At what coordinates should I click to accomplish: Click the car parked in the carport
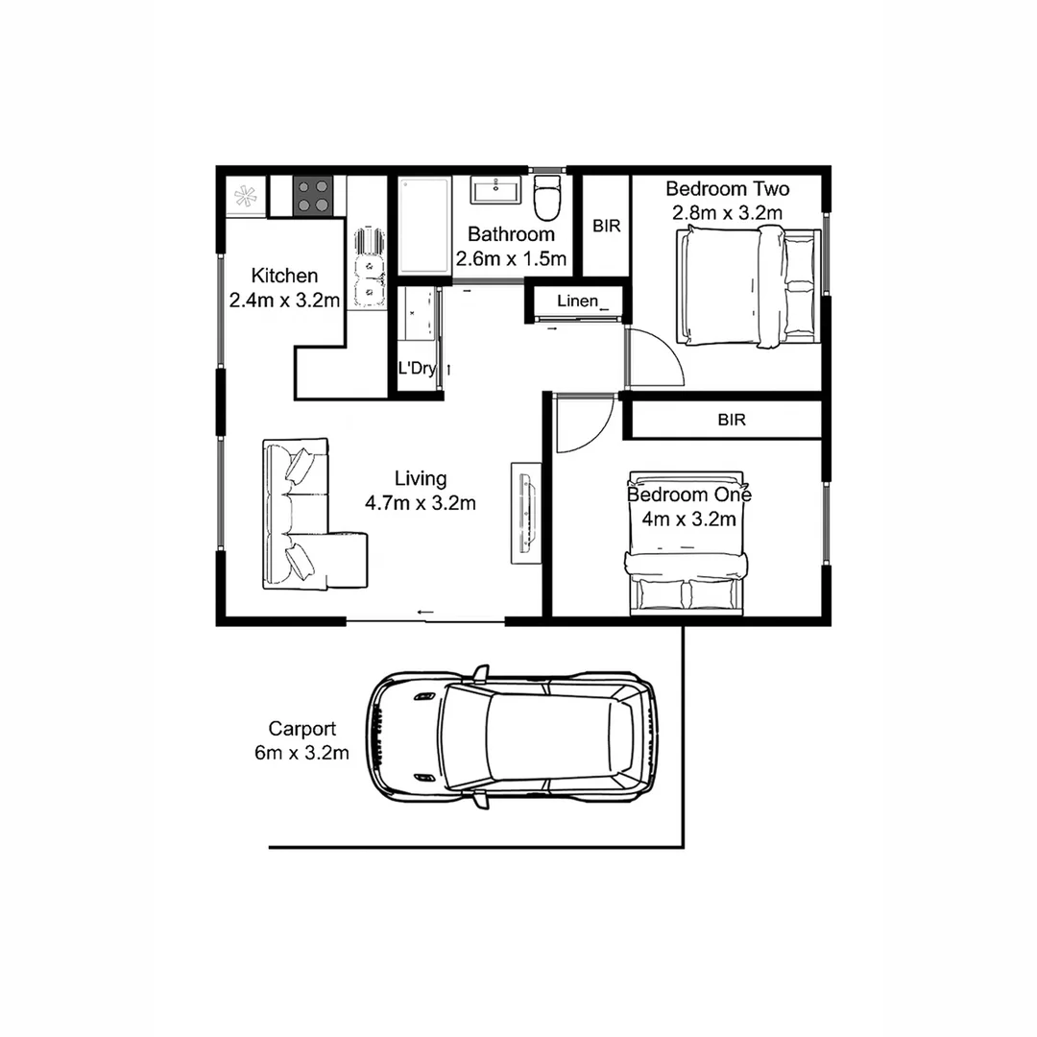pyautogui.click(x=514, y=736)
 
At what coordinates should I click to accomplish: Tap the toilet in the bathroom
pyautogui.click(x=546, y=198)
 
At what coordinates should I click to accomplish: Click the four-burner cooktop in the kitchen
pyautogui.click(x=312, y=195)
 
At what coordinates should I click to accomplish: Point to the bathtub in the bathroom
pyautogui.click(x=423, y=227)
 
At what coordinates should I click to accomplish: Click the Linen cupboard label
pyautogui.click(x=577, y=301)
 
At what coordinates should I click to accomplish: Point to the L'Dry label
pyautogui.click(x=417, y=369)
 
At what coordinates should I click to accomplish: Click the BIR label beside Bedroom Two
pyautogui.click(x=607, y=227)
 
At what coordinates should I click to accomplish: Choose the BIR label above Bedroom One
pyautogui.click(x=732, y=420)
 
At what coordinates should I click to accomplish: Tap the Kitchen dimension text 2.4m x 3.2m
pyautogui.click(x=285, y=301)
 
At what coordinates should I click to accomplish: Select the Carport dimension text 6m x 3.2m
pyautogui.click(x=301, y=753)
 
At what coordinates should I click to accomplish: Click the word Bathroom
pyautogui.click(x=511, y=234)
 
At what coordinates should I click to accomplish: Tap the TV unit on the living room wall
pyautogui.click(x=525, y=513)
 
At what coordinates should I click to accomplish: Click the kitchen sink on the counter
pyautogui.click(x=368, y=268)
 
